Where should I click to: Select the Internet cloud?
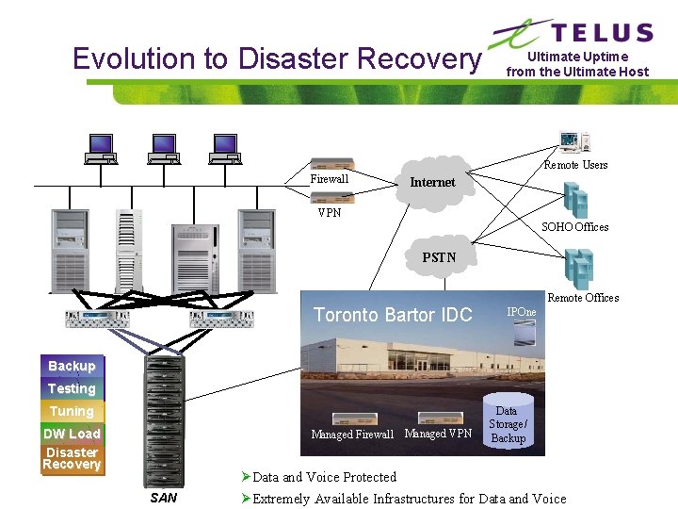point(432,181)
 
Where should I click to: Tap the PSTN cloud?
point(439,256)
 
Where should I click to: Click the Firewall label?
point(330,179)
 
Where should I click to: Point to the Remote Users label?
point(575,165)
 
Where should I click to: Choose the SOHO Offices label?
point(574,226)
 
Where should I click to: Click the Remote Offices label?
point(583,298)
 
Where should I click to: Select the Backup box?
point(72,366)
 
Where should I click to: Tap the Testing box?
point(72,388)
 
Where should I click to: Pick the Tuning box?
point(72,411)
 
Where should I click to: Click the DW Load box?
point(72,434)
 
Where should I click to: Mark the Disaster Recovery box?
point(72,458)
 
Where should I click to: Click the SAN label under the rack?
point(164,498)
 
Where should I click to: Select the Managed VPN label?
point(438,434)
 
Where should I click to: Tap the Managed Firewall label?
point(352,435)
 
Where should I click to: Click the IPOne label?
point(521,312)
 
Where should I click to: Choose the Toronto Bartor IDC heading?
point(393,315)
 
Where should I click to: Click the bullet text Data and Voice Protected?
point(324,477)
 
